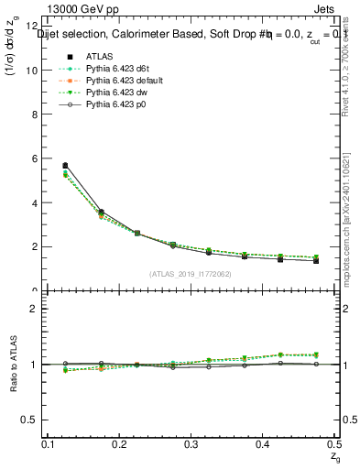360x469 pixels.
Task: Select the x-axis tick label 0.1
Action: point(49,444)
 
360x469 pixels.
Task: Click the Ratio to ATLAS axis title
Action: point(12,364)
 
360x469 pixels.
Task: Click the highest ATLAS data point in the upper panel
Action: point(65,166)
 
